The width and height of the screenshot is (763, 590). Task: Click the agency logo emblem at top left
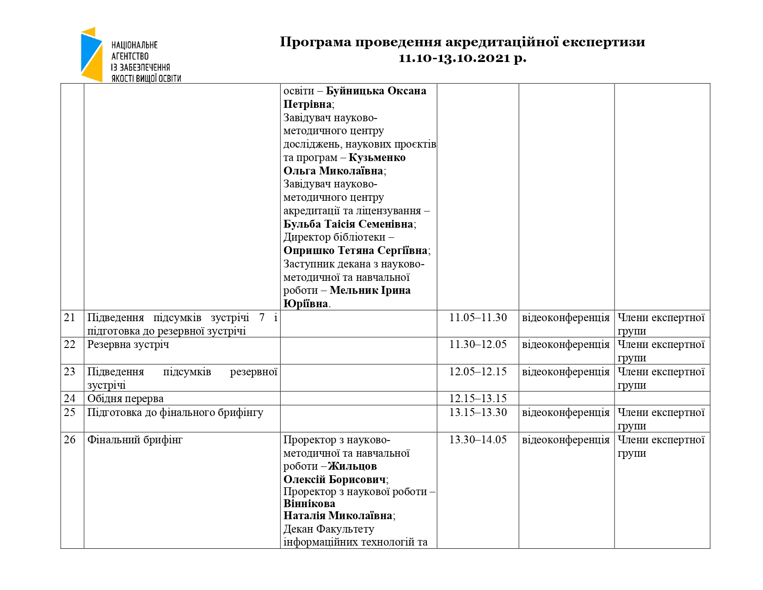pyautogui.click(x=92, y=55)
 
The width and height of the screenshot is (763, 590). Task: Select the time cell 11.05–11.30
pyautogui.click(x=478, y=317)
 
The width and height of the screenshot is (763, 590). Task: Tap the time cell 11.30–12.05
pyautogui.click(x=478, y=344)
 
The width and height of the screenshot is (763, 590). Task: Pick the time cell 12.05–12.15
pyautogui.click(x=478, y=372)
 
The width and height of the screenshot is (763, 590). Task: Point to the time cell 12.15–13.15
pyautogui.click(x=478, y=398)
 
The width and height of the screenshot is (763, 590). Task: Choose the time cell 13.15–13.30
pyautogui.click(x=478, y=412)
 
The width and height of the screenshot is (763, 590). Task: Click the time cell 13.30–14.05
pyautogui.click(x=478, y=440)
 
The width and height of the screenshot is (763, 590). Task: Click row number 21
pyautogui.click(x=70, y=317)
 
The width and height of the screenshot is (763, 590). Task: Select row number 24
pyautogui.click(x=70, y=398)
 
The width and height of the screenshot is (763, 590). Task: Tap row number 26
pyautogui.click(x=70, y=440)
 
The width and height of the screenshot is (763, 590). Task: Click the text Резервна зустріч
pyautogui.click(x=128, y=345)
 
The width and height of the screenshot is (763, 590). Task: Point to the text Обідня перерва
pyautogui.click(x=125, y=398)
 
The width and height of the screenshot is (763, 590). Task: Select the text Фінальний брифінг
pyautogui.click(x=135, y=440)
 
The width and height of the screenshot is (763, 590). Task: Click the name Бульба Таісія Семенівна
pyautogui.click(x=348, y=224)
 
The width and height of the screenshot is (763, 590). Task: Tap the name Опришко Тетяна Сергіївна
pyautogui.click(x=355, y=251)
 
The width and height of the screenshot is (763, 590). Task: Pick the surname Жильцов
pyautogui.click(x=352, y=466)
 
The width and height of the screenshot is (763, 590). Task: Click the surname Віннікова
pyautogui.click(x=309, y=503)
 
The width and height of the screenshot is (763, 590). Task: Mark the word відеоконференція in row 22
pyautogui.click(x=566, y=345)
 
